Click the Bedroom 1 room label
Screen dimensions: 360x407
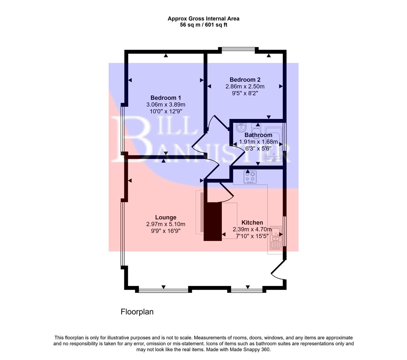pyautogui.click(x=166, y=98)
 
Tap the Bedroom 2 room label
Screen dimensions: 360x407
pyautogui.click(x=245, y=80)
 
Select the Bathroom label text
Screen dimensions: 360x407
pyautogui.click(x=258, y=135)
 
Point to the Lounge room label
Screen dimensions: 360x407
pyautogui.click(x=166, y=217)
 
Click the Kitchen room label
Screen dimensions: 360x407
pyautogui.click(x=252, y=223)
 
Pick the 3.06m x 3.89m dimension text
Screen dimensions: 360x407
pyautogui.click(x=166, y=105)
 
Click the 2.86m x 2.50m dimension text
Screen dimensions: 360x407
pyautogui.click(x=245, y=87)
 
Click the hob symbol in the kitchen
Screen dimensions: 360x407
pyautogui.click(x=250, y=177)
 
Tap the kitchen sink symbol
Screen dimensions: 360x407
pyautogui.click(x=276, y=238)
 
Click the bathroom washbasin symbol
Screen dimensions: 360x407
pyautogui.click(x=240, y=127)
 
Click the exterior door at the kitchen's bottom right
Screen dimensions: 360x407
pyautogui.click(x=278, y=270)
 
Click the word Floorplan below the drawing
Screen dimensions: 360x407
pyautogui.click(x=137, y=312)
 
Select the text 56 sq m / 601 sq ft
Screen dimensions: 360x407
pyautogui.click(x=204, y=25)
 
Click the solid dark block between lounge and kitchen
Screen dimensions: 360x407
pyautogui.click(x=212, y=221)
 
